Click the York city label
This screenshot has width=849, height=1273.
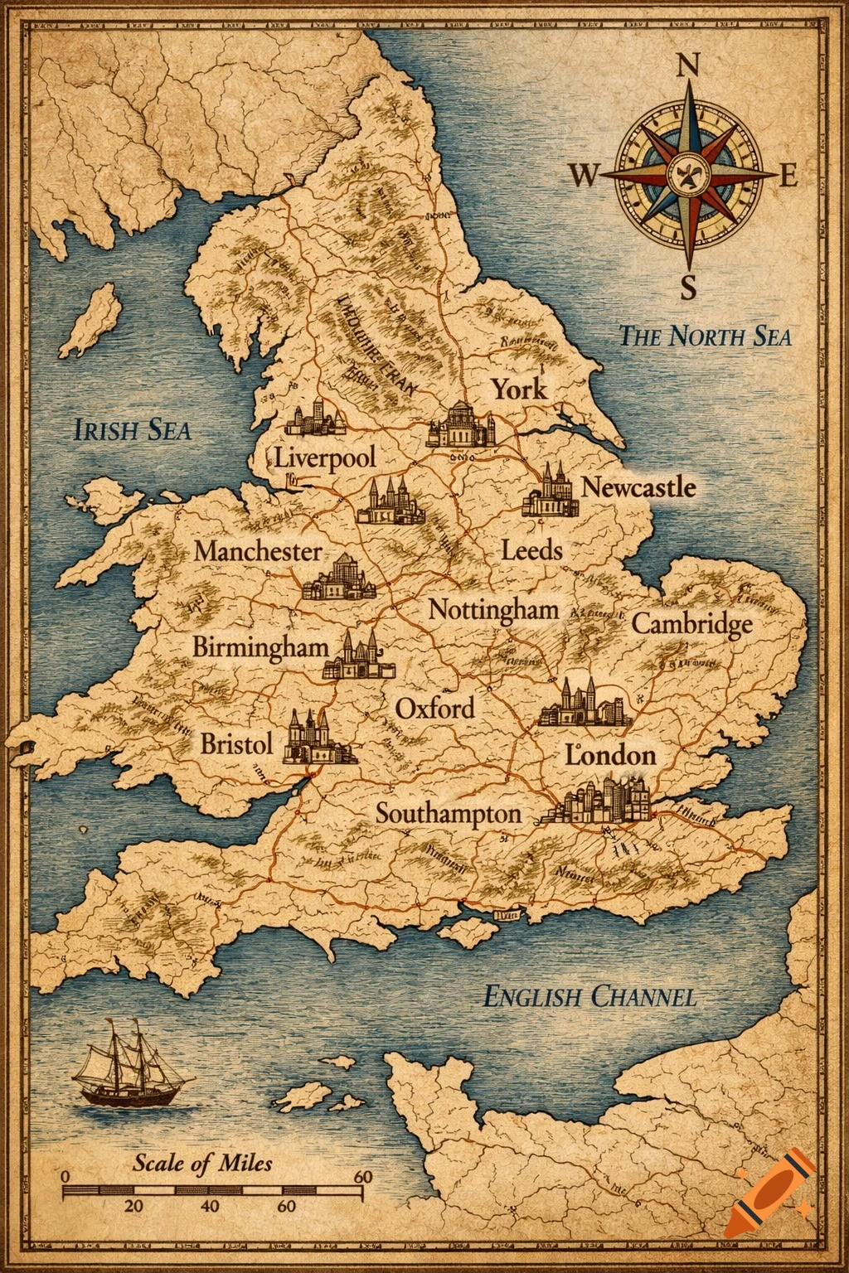(520, 389)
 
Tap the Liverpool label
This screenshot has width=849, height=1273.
(325, 457)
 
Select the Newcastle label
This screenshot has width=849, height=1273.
(638, 487)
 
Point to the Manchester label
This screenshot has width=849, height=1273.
(258, 551)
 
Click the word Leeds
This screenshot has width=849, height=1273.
(532, 549)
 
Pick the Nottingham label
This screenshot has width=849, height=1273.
(493, 610)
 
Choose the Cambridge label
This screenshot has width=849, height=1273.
(692, 623)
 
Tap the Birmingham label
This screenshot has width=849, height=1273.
(261, 647)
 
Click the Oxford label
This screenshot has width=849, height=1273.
(435, 709)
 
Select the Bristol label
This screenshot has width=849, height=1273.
(236, 743)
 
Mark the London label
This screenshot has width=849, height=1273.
(611, 755)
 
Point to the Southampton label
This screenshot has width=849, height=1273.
(449, 813)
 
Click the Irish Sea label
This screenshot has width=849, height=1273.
(132, 430)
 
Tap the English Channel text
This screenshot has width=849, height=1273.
(589, 996)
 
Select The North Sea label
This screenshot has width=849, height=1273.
(705, 336)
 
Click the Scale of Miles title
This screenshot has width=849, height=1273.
(202, 1163)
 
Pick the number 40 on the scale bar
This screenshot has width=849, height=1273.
(210, 1205)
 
